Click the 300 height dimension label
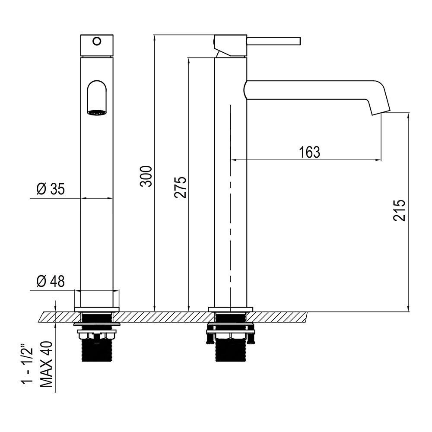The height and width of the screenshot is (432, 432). coord(146,176)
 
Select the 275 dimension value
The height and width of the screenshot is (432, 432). coord(180,187)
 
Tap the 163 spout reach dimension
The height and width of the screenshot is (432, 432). coord(310,152)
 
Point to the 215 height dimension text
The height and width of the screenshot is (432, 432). coord(399,210)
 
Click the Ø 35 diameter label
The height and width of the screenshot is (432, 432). coord(51,189)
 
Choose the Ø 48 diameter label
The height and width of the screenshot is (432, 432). coord(51,281)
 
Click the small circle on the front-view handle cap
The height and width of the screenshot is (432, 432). coord(97,41)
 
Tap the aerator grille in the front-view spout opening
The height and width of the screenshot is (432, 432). coord(97,112)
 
